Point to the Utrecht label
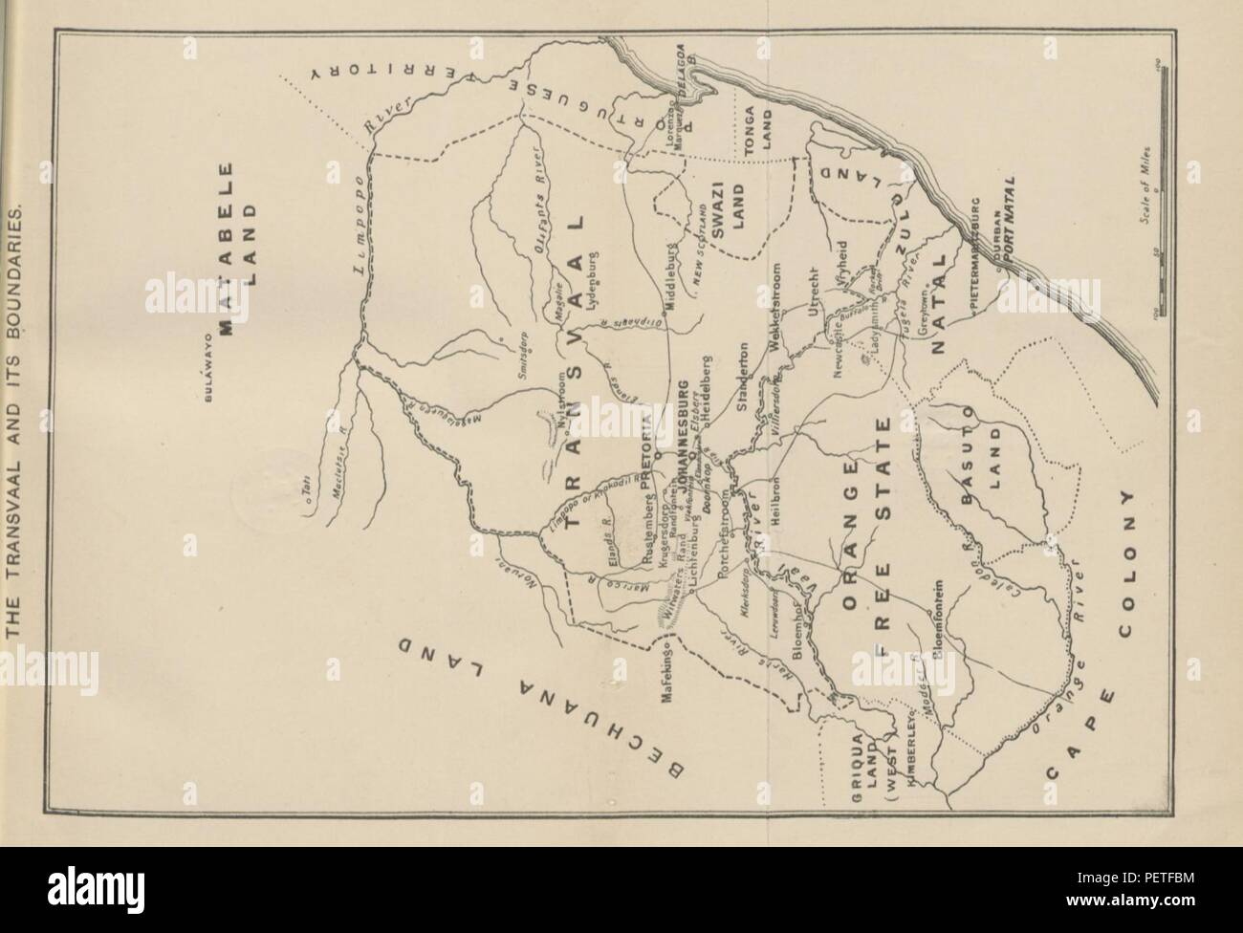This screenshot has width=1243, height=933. click(x=815, y=292)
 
